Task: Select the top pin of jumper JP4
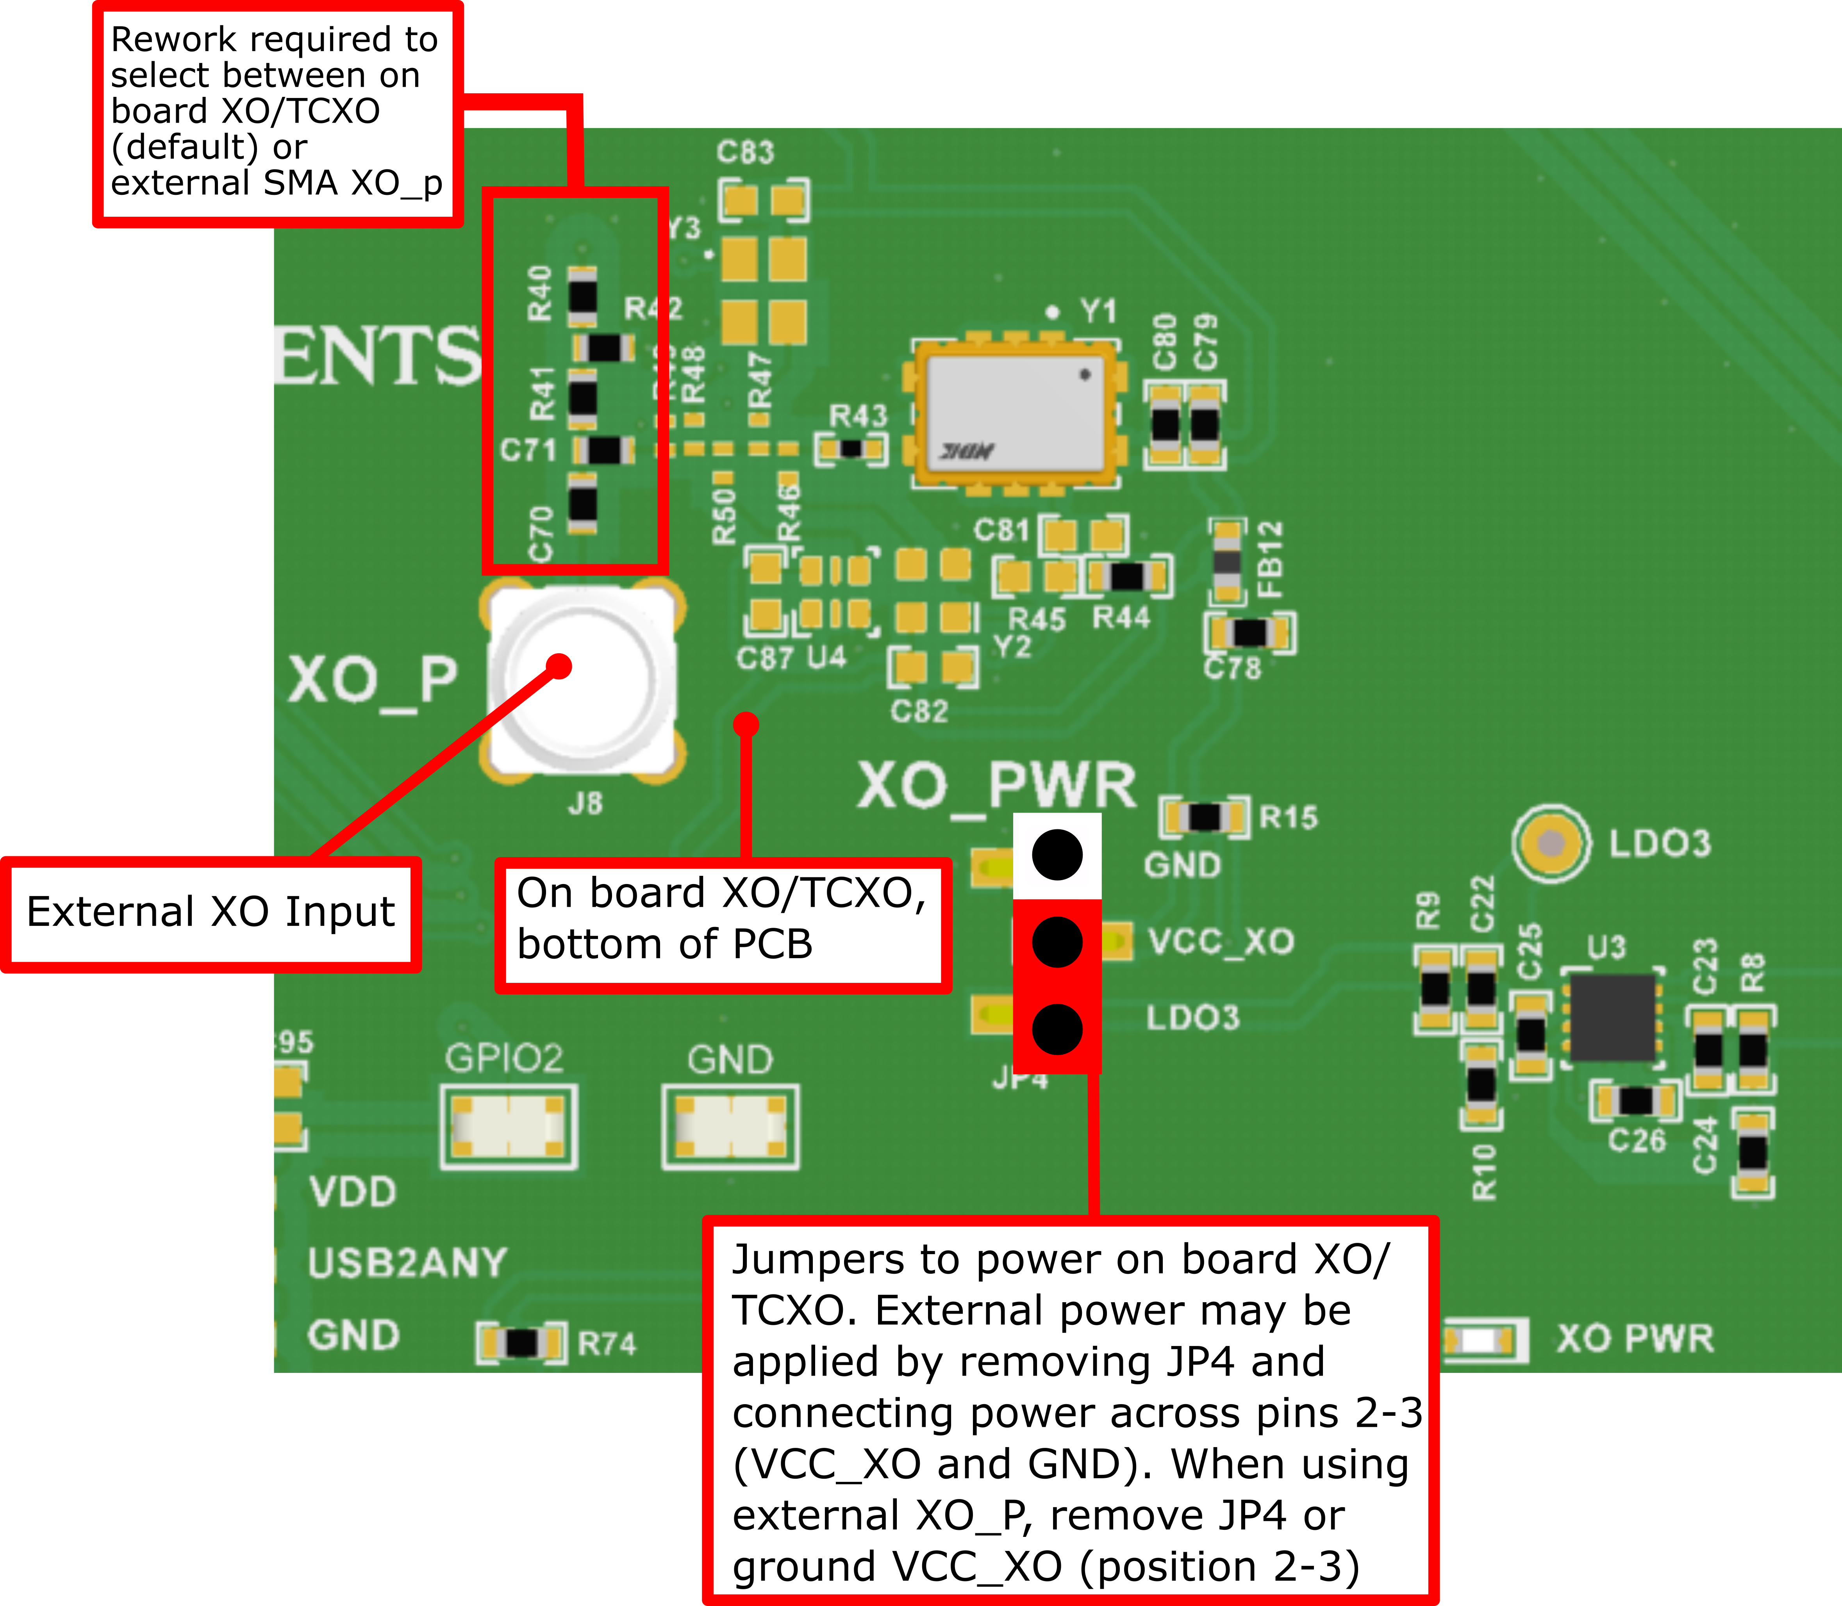tap(1057, 854)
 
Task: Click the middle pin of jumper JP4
tap(1057, 942)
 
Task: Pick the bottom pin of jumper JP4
tap(1057, 1029)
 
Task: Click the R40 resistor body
tap(583, 296)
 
